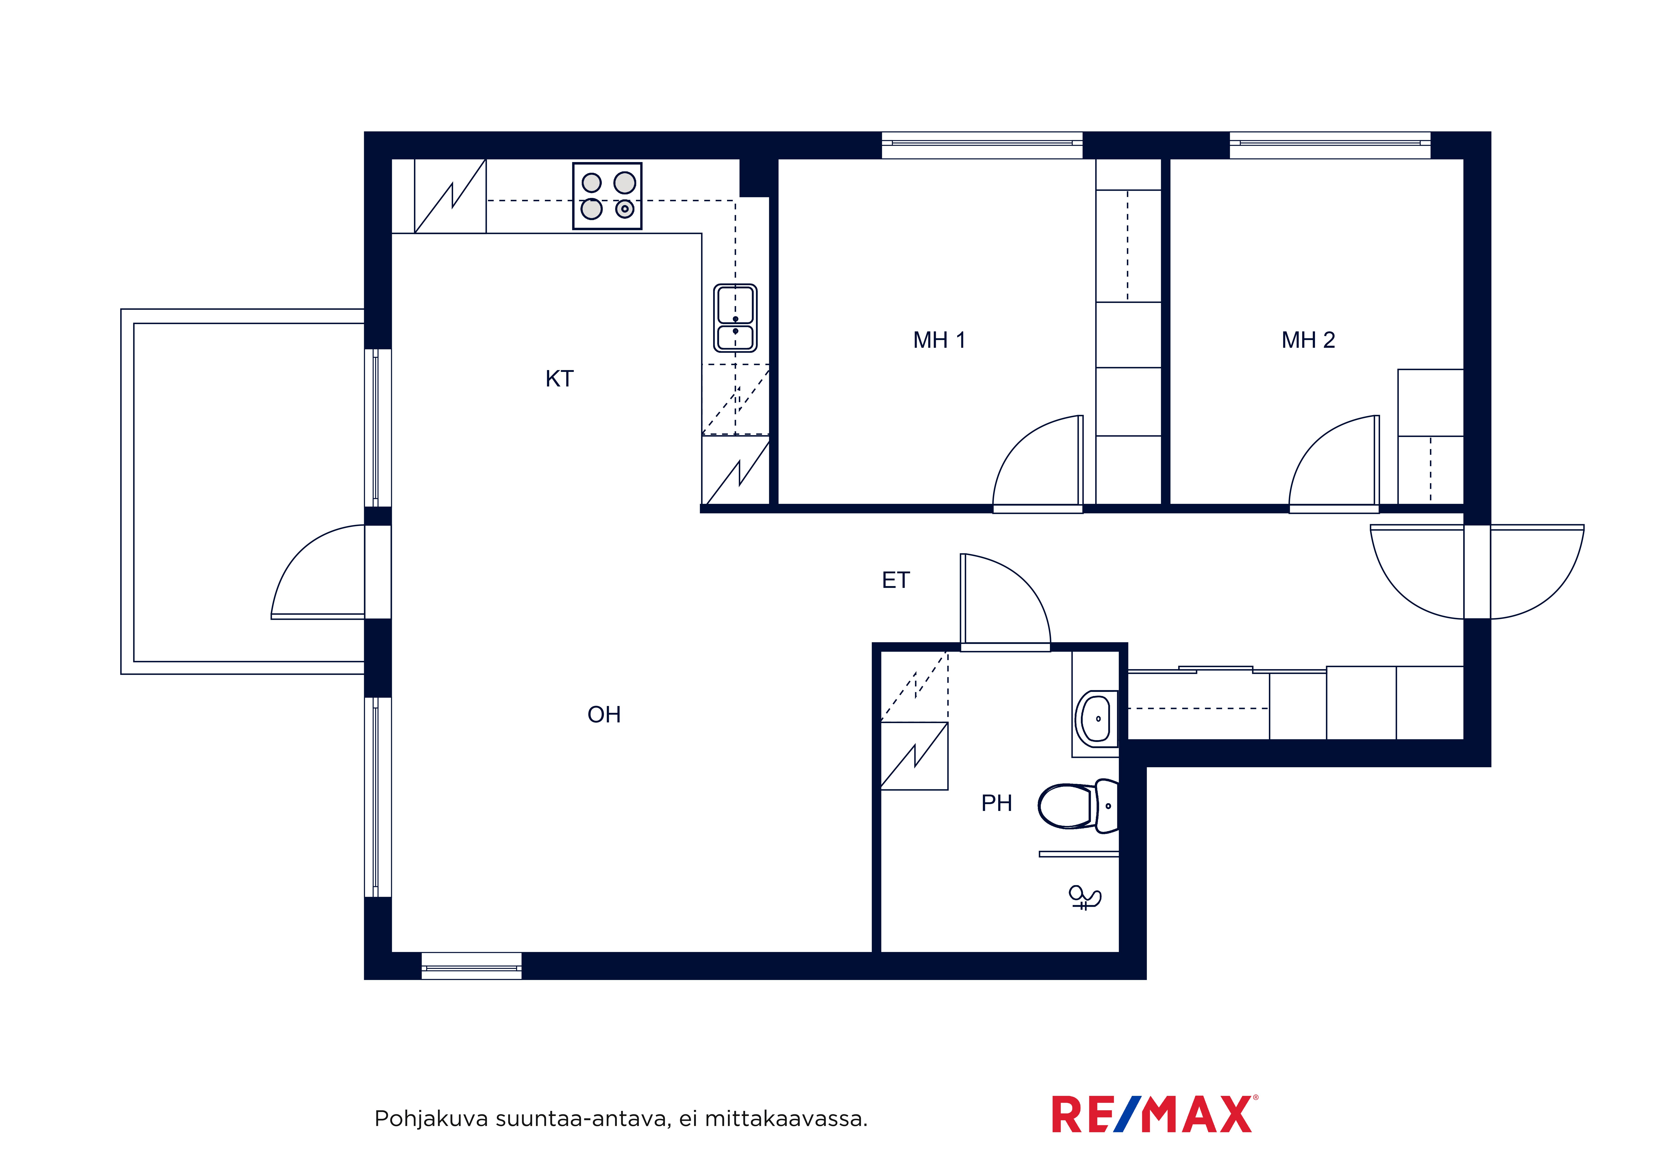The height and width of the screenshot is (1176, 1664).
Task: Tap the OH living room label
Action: click(x=604, y=714)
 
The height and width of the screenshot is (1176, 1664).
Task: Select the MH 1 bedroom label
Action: click(x=939, y=340)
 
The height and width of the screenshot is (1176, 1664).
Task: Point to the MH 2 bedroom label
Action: click(x=1308, y=340)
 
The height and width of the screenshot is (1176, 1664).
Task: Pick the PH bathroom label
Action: click(x=997, y=803)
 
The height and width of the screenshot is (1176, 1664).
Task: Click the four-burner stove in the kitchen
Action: click(x=607, y=196)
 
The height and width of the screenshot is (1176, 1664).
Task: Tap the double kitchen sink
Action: click(x=736, y=318)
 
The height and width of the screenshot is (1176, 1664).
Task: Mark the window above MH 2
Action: click(x=1330, y=145)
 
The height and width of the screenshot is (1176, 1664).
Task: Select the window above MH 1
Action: click(x=982, y=145)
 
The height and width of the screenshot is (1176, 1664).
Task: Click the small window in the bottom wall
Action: click(x=472, y=966)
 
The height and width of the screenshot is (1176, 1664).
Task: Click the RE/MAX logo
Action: click(x=1154, y=1114)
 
